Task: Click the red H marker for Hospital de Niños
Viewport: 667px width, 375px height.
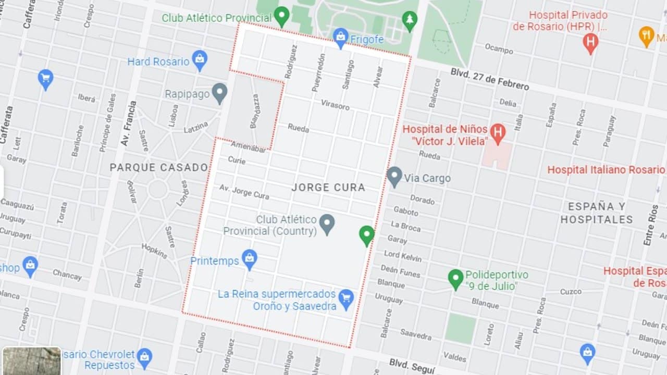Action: [498, 133]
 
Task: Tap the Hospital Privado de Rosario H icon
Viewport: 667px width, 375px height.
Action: [590, 42]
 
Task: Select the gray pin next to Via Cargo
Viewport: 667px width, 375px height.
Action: [394, 177]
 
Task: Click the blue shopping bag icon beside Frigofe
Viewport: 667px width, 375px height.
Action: [340, 37]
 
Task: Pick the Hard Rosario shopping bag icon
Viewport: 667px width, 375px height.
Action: [199, 60]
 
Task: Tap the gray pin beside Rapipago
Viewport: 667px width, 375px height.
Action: [219, 93]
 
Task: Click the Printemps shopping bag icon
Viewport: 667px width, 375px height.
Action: [250, 259]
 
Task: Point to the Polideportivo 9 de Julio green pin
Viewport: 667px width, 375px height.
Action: [455, 279]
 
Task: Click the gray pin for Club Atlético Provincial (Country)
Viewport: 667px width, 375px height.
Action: [327, 224]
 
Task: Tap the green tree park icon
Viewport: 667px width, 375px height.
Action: [410, 21]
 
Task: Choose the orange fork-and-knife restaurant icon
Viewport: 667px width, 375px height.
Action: [646, 36]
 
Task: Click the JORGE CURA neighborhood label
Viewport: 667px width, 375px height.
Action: [328, 187]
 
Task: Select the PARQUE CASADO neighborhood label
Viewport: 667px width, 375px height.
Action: [159, 168]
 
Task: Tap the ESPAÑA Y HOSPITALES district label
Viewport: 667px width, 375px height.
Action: [596, 213]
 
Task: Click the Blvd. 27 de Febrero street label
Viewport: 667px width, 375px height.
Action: [490, 79]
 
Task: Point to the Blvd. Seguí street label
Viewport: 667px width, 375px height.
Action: [412, 365]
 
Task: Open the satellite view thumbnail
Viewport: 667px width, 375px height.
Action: [31, 361]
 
